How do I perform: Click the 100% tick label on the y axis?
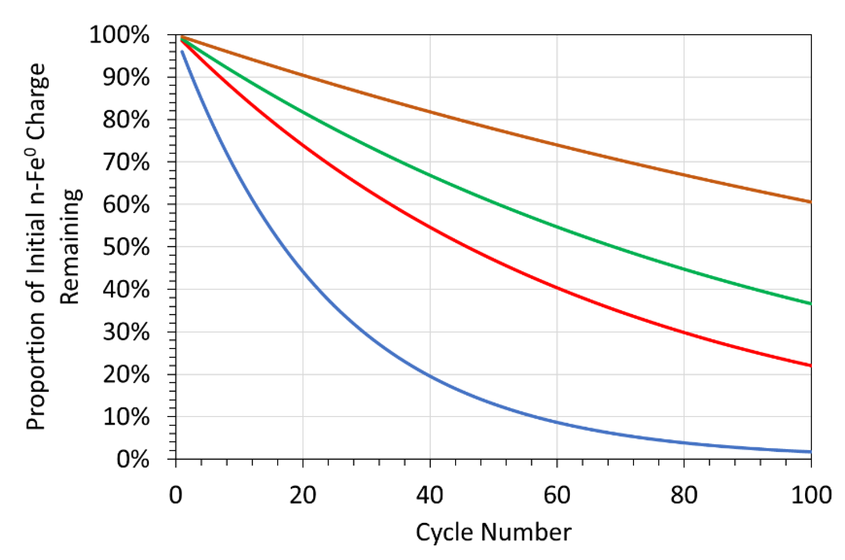[x=119, y=35]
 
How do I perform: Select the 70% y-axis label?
[x=126, y=163]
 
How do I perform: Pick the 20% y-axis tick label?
[x=126, y=375]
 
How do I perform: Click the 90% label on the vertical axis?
[x=126, y=77]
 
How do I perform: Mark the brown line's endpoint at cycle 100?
[x=810, y=202]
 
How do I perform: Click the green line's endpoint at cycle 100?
[x=810, y=304]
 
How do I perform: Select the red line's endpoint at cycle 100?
[x=810, y=365]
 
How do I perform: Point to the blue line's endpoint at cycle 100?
[x=810, y=452]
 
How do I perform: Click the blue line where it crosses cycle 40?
[x=430, y=376]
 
